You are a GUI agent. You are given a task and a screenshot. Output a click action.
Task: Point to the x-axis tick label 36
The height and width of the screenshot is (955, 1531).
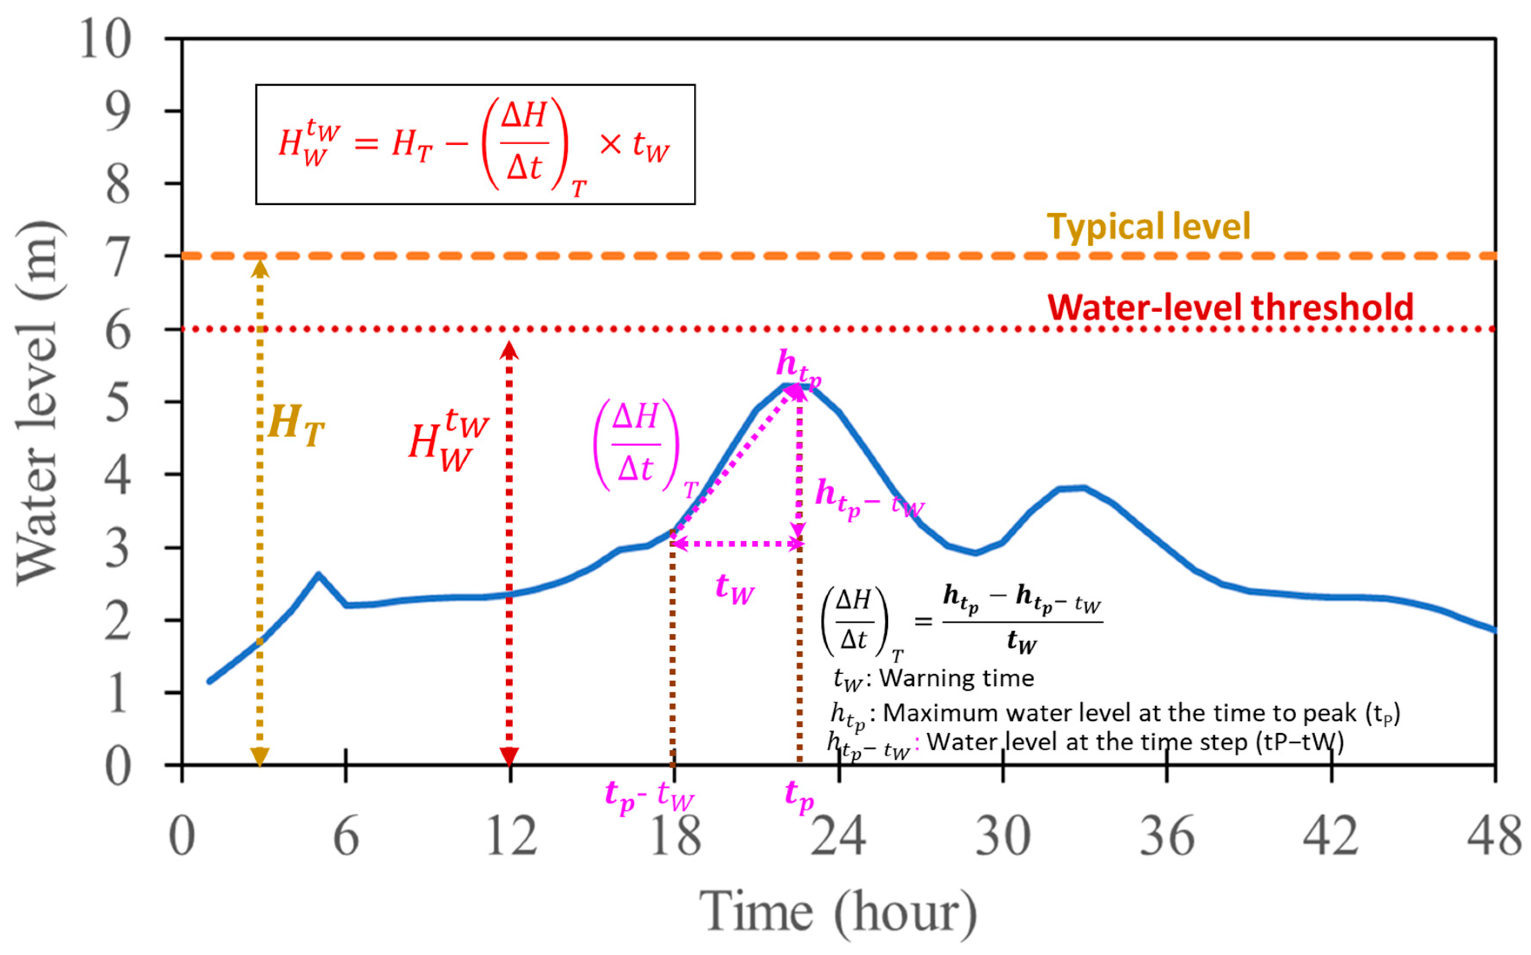click(1167, 835)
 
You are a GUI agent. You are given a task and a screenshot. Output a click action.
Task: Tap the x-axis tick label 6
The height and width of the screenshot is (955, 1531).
click(346, 835)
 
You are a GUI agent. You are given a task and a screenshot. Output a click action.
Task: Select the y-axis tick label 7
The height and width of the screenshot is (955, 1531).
click(118, 256)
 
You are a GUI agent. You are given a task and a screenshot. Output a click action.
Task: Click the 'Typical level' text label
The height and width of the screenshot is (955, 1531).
click(1148, 226)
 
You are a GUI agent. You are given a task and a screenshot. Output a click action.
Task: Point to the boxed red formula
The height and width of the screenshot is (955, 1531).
click(475, 145)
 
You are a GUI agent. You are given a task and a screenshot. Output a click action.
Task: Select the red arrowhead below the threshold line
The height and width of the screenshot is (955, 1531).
click(509, 350)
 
